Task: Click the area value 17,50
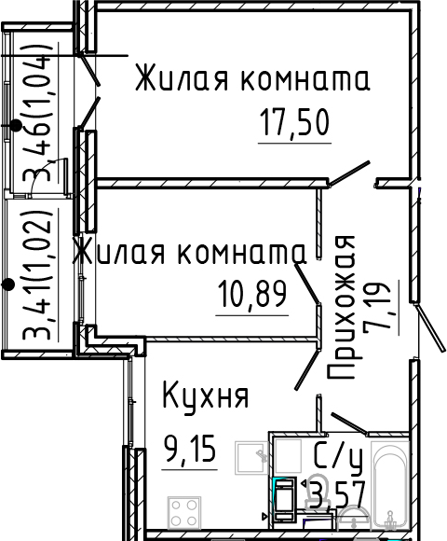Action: [295, 124]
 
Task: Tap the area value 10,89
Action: [251, 296]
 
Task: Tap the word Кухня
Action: [205, 396]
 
